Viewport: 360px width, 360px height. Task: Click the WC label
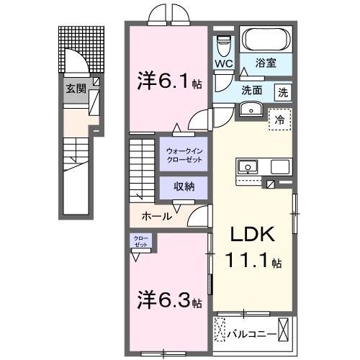pyautogui.click(x=222, y=64)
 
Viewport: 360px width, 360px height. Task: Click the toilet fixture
pyautogui.click(x=223, y=43)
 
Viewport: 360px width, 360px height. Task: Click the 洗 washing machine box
pyautogui.click(x=283, y=92)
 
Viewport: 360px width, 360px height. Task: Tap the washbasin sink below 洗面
pyautogui.click(x=250, y=109)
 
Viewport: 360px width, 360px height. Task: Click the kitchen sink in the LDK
pyautogui.click(x=248, y=166)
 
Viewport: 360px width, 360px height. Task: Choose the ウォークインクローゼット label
pyautogui.click(x=183, y=154)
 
